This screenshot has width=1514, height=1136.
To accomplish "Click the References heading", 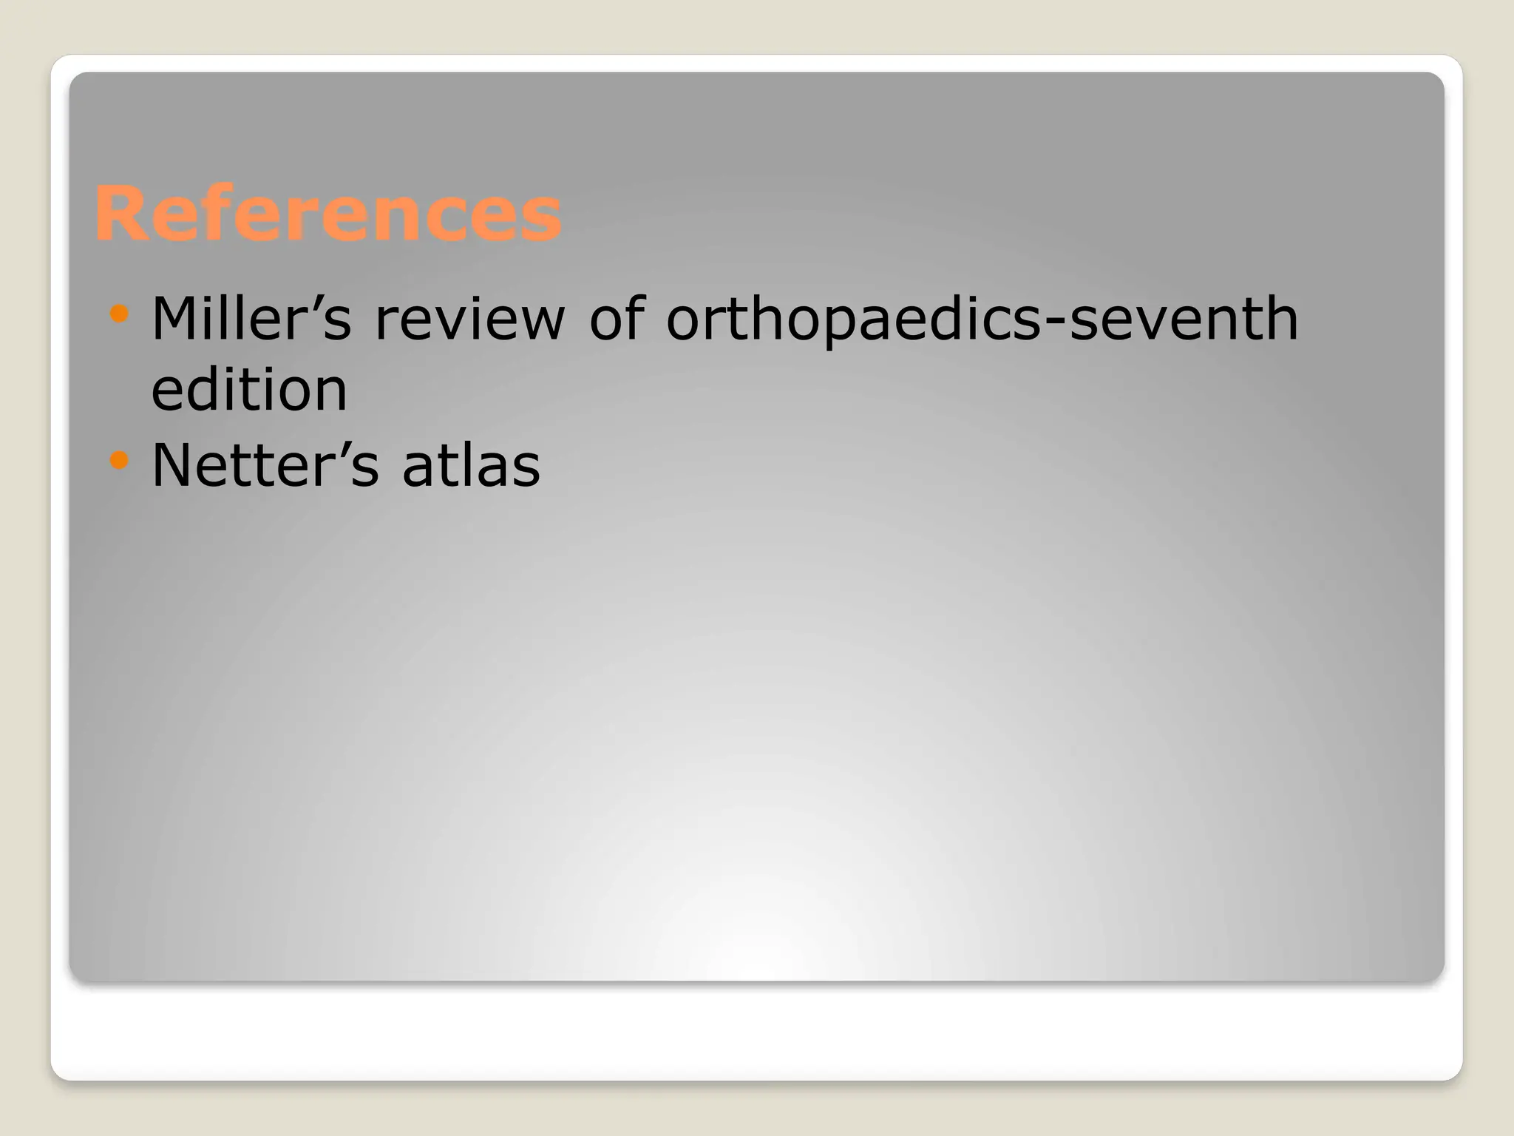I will [x=327, y=214].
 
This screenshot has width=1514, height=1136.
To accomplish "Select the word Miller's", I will [x=251, y=319].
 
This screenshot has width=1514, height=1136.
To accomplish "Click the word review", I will [x=469, y=319].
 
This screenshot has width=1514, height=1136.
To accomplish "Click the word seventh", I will [x=1183, y=319].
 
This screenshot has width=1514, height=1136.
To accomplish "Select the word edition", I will [x=249, y=390].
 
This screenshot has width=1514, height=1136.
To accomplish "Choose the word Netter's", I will [x=265, y=465].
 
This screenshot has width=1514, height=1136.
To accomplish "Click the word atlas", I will [x=471, y=465].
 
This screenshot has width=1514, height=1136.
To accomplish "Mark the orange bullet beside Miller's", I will [x=119, y=314].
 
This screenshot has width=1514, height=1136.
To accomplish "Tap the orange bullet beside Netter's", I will [x=119, y=461].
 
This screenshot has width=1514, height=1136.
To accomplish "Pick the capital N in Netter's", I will [x=172, y=465].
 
